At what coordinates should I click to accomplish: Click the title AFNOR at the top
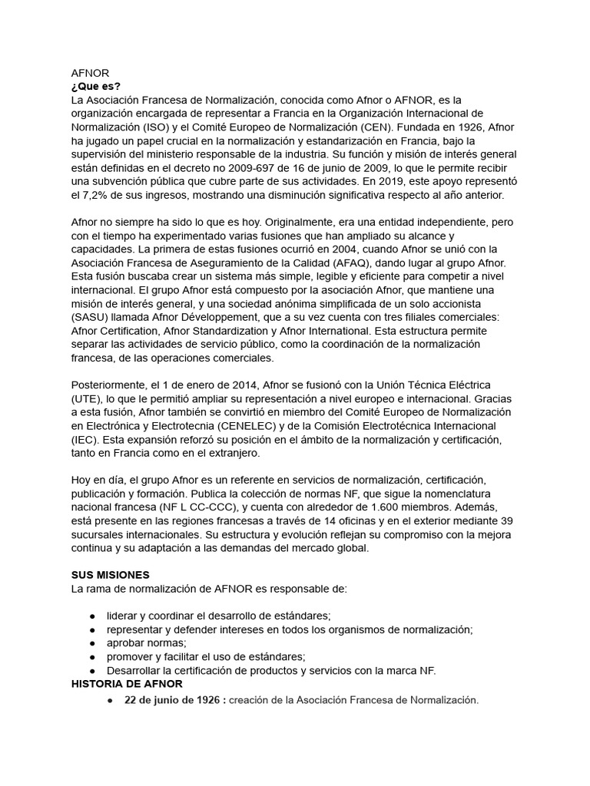pyautogui.click(x=89, y=73)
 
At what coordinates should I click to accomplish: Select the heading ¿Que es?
pyautogui.click(x=95, y=86)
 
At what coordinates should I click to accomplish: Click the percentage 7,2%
pyautogui.click(x=104, y=196)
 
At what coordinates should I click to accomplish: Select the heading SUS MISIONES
pyautogui.click(x=111, y=574)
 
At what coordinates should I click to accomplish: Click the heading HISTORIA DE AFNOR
pyautogui.click(x=127, y=683)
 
